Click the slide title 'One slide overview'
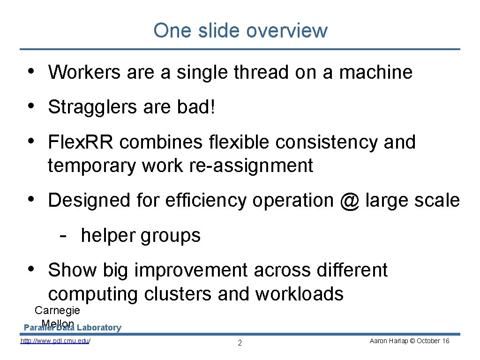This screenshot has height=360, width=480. (240, 30)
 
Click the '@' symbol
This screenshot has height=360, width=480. (350, 201)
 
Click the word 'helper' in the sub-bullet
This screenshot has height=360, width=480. (108, 235)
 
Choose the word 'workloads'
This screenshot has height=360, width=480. (299, 294)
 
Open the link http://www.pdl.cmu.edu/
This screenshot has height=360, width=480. (55, 341)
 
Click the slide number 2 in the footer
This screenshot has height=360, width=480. (240, 343)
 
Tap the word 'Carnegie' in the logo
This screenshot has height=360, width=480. (58, 310)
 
